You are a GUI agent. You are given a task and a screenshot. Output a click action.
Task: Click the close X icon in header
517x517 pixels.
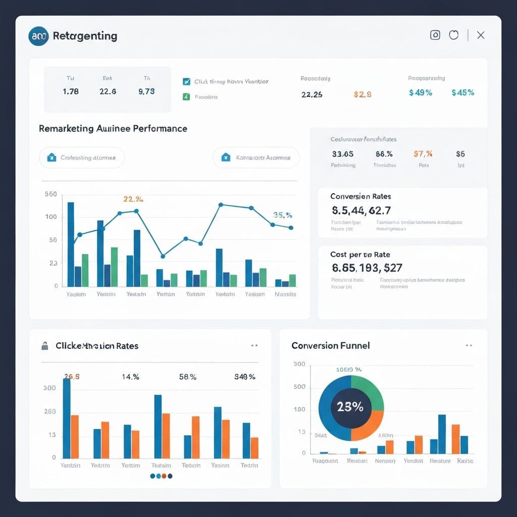481,35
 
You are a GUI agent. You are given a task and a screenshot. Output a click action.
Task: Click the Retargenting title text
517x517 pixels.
85,36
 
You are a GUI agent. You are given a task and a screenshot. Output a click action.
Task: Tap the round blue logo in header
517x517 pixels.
39,36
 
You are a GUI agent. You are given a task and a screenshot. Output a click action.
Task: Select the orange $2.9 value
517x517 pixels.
363,94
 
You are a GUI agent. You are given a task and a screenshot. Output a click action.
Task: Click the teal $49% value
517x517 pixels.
420,93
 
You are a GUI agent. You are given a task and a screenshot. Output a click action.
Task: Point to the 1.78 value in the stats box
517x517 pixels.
71,91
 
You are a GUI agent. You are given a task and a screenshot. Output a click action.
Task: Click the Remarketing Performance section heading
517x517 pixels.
113,129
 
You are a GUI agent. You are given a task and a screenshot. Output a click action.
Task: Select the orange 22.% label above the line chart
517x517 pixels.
133,199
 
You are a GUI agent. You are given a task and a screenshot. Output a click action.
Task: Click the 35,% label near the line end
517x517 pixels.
282,215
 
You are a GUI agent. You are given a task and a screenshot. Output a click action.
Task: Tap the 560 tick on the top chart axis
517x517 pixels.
50,194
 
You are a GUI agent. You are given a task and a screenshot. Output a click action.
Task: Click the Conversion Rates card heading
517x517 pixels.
360,196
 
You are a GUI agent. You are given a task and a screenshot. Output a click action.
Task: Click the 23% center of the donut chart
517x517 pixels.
350,407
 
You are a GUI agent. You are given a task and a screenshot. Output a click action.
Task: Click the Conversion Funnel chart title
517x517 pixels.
330,345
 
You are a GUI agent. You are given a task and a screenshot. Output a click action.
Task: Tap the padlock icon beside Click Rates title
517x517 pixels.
45,346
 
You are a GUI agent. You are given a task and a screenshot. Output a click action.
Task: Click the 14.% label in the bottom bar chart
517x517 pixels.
130,377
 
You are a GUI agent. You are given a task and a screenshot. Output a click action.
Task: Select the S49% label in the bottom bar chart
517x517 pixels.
245,377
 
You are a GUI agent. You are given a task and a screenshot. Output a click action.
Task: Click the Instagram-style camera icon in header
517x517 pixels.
435,35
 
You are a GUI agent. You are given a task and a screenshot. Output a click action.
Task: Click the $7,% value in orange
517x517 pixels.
423,154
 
